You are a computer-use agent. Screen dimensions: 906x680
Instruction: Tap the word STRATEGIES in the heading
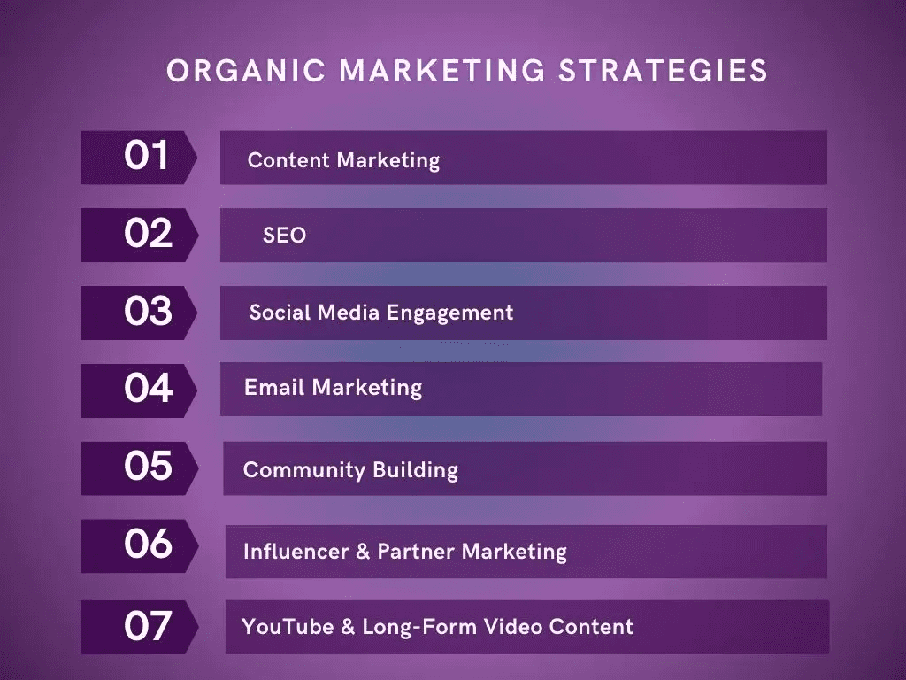tap(663, 71)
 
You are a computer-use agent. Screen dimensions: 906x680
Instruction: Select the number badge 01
tap(139, 158)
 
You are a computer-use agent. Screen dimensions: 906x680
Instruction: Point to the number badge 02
tap(139, 235)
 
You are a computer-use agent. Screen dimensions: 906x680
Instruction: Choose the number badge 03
tap(139, 313)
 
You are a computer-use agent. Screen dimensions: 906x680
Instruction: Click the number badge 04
tap(139, 390)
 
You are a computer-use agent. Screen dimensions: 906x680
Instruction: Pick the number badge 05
tap(139, 467)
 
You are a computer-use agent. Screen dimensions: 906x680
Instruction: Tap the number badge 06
tap(139, 545)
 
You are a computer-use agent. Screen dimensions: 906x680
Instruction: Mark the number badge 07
tap(139, 627)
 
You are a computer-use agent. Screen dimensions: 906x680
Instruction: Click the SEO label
tap(284, 236)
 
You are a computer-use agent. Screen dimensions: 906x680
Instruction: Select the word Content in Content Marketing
tap(288, 160)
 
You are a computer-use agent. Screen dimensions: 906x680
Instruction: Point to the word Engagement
tap(449, 313)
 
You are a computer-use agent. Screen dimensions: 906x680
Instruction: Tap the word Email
tap(274, 387)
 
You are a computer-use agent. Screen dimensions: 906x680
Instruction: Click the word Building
tap(416, 469)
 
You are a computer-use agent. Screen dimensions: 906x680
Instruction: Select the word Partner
tap(416, 551)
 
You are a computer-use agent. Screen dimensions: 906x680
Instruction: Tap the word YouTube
tap(288, 627)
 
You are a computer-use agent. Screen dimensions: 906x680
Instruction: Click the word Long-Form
tap(419, 627)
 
